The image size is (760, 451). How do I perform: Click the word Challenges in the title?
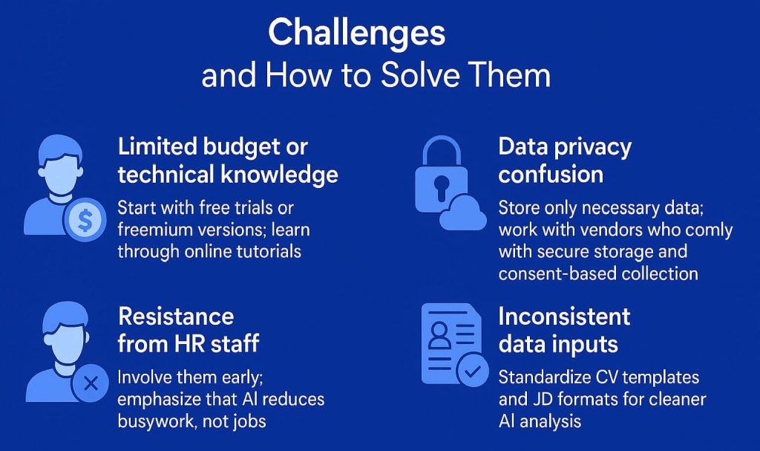[x=356, y=33]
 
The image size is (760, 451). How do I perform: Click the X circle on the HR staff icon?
[x=91, y=383]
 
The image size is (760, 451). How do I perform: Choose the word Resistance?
[x=176, y=317]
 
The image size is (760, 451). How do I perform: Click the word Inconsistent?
[x=563, y=317]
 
